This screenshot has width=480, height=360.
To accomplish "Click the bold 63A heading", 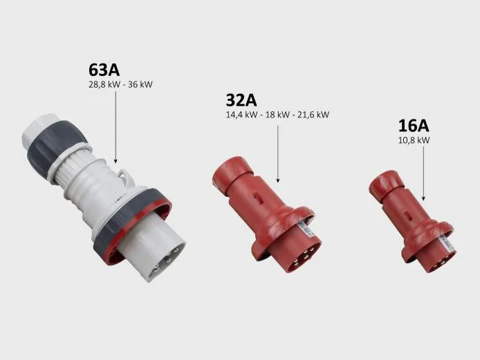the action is [x=104, y=70].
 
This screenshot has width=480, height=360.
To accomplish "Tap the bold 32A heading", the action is [x=241, y=100].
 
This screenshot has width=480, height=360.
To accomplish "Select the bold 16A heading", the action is [x=414, y=125].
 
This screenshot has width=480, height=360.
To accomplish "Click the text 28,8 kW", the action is [x=104, y=84].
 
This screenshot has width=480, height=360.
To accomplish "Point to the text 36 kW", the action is [x=140, y=84].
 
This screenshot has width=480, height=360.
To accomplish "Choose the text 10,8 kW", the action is [x=414, y=140].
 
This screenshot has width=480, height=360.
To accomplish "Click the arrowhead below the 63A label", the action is [x=116, y=161].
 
